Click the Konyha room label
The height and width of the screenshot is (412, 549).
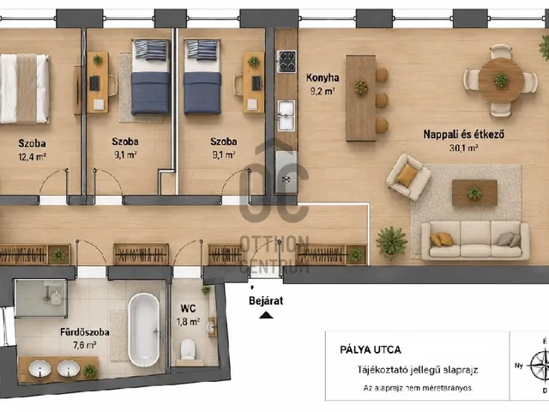pyautogui.click(x=323, y=77)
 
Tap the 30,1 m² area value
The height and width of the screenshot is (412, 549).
pyautogui.click(x=463, y=148)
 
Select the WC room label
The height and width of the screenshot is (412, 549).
pyautogui.click(x=188, y=309)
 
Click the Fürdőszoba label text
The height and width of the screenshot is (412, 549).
pyautogui.click(x=85, y=332)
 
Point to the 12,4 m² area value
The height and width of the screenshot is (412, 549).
pyautogui.click(x=33, y=156)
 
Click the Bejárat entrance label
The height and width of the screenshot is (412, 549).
pyautogui.click(x=266, y=300)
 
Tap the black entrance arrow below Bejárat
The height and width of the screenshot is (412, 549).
pyautogui.click(x=266, y=315)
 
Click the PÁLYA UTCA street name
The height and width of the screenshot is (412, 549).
pyautogui.click(x=371, y=349)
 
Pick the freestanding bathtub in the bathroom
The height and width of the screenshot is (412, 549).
pyautogui.click(x=144, y=330)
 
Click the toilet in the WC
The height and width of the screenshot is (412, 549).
pyautogui.click(x=187, y=348)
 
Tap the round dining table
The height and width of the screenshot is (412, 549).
pyautogui.click(x=501, y=80)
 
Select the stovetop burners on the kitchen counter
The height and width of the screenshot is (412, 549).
pyautogui.click(x=287, y=61)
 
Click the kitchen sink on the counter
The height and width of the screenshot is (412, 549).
pyautogui.click(x=287, y=115)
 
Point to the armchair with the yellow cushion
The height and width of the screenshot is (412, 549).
pyautogui.click(x=408, y=177)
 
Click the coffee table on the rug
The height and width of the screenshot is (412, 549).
pyautogui.click(x=474, y=192)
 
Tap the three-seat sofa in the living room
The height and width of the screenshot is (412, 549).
pyautogui.click(x=475, y=240)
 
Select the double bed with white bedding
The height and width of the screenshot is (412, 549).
pyautogui.click(x=24, y=88)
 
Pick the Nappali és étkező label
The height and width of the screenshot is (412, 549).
pyautogui.click(x=463, y=134)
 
